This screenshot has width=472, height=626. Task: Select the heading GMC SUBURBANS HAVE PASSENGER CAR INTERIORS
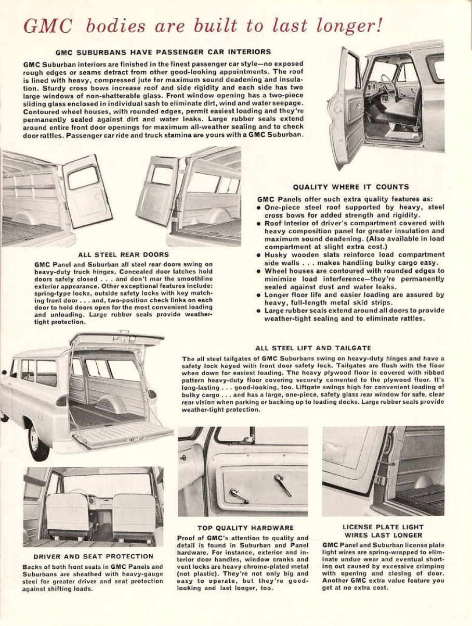point(163,52)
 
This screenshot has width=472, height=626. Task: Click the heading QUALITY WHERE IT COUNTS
point(351,187)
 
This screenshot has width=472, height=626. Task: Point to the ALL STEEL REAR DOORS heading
point(123,254)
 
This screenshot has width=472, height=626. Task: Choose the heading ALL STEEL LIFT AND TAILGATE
point(313,348)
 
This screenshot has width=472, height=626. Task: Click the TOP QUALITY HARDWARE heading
point(245,528)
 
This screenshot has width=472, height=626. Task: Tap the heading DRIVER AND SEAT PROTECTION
point(93,556)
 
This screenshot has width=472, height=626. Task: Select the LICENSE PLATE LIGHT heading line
point(383,527)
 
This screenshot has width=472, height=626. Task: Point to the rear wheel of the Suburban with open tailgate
point(38,440)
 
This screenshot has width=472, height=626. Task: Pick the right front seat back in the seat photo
point(134,512)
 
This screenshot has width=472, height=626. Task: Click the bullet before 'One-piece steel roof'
point(259,207)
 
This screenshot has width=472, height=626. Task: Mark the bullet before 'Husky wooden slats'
point(259,255)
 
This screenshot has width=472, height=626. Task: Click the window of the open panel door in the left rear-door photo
point(83,178)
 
